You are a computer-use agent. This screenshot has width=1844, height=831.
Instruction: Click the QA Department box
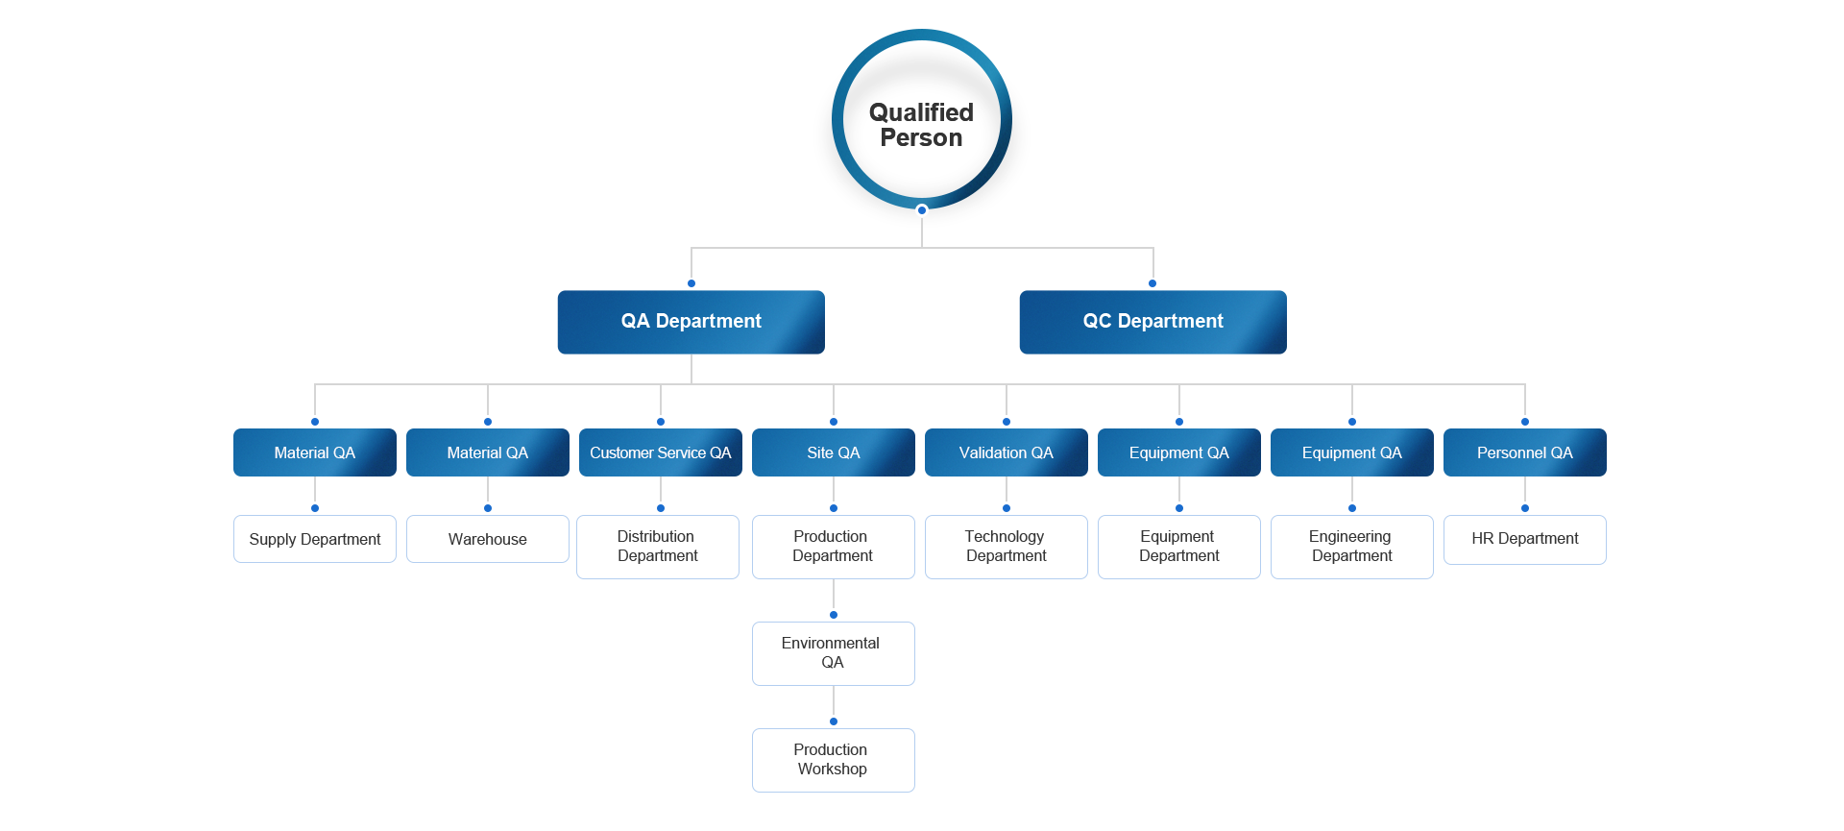coord(691,322)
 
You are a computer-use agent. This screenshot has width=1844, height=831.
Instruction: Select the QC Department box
coord(1152,322)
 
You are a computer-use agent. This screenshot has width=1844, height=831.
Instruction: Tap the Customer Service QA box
coord(660,452)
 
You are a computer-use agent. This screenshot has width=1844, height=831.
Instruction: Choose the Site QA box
coord(833,452)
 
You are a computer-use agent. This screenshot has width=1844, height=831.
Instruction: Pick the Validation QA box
coord(1006,452)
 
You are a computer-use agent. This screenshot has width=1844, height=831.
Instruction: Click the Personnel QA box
coord(1524,452)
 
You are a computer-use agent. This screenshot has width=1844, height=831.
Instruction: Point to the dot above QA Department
coord(691,283)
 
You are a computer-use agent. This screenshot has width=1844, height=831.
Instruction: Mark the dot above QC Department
coord(1152,283)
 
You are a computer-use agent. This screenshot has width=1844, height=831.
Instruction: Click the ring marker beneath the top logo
coord(922,210)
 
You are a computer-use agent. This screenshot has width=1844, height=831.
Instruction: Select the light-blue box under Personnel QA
coord(1524,540)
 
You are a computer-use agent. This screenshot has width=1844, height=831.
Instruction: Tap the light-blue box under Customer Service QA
coord(658,547)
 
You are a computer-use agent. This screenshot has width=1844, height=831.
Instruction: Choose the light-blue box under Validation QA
coord(1006,547)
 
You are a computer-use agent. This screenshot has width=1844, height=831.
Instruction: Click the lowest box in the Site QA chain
coord(833,760)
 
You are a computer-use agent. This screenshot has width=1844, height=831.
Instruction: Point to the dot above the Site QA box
coord(834,422)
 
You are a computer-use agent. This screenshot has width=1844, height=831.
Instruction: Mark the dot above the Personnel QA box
coord(1525,422)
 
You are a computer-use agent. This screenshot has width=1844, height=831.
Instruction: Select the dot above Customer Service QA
coord(661,422)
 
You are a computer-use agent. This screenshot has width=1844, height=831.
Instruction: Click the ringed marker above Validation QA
coord(1007,422)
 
